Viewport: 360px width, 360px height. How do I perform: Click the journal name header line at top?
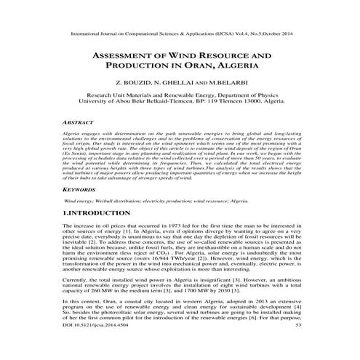coord(180,33)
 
